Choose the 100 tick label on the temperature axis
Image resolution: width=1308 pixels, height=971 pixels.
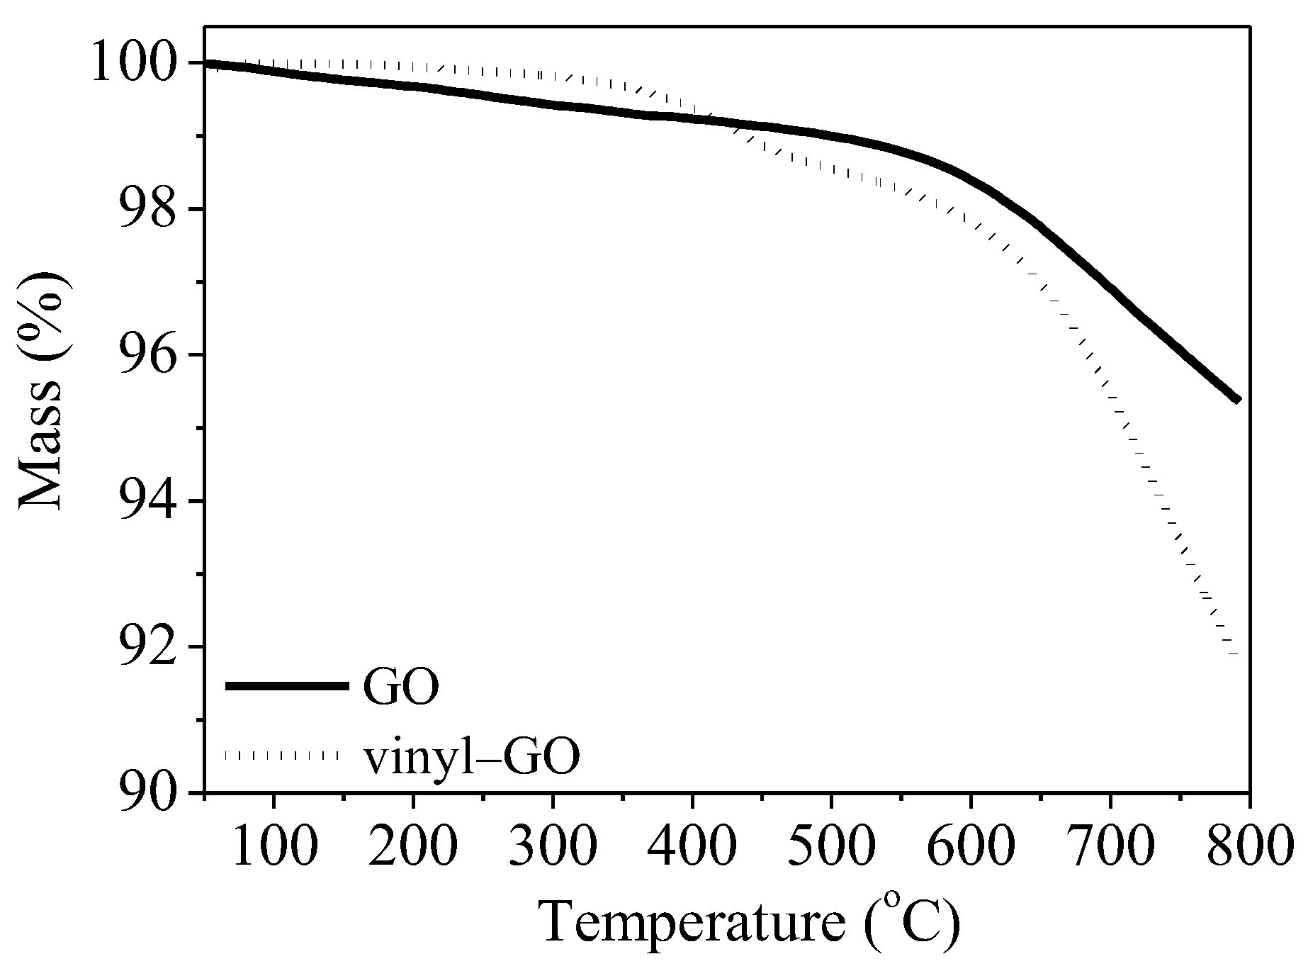274,843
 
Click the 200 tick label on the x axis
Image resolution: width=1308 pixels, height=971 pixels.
413,843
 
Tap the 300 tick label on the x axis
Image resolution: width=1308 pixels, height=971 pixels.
553,843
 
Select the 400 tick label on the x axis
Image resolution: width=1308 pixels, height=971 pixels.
692,843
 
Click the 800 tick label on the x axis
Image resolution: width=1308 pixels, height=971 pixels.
1250,843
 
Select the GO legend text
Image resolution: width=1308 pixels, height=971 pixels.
401,687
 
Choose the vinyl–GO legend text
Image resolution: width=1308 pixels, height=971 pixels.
472,758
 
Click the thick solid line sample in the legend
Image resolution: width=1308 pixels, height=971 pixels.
287,685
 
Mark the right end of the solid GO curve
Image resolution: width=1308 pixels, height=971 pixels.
1238,400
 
